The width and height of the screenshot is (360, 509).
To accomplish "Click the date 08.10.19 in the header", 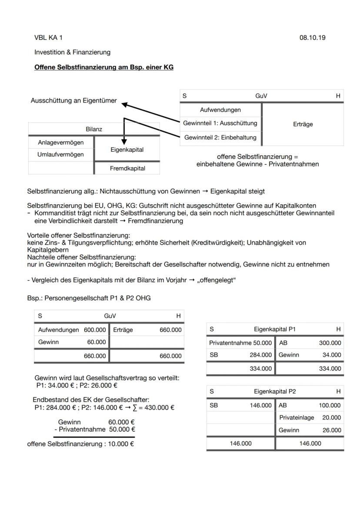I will coord(312,38).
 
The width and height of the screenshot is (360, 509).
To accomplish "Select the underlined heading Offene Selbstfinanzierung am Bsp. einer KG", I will coord(103,67).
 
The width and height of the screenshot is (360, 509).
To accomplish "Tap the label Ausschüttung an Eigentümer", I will coord(73,100).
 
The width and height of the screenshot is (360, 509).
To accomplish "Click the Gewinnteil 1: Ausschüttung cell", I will coord(220,123).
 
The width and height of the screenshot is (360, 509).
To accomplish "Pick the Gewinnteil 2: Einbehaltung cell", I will coord(220,137).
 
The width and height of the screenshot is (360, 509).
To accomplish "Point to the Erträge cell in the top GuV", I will coord(303,124).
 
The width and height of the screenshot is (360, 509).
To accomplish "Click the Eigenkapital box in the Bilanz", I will coord(127,150).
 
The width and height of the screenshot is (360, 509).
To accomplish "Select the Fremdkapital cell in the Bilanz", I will coord(127,168).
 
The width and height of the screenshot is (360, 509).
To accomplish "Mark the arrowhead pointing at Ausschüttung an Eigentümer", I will coord(124,104).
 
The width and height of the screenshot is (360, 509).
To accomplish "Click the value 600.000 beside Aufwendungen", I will coord(95,330).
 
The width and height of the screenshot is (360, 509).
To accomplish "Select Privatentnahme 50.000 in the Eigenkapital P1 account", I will coord(240,343).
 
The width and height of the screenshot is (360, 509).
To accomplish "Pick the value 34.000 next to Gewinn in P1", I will coord(332,355).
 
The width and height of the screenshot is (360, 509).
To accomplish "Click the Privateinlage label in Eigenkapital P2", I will coord(297,418).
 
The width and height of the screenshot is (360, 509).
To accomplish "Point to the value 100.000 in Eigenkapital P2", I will coord(330,405).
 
